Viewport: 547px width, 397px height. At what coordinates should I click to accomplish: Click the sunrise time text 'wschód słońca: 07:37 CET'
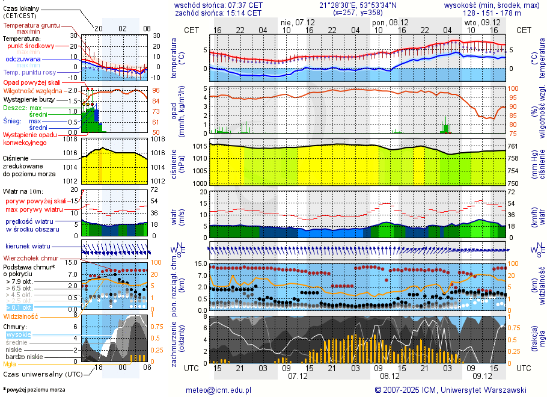(x=218, y=5)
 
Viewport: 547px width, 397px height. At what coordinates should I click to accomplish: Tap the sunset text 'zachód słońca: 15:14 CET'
(x=218, y=13)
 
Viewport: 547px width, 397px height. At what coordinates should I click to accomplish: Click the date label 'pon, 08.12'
(x=388, y=22)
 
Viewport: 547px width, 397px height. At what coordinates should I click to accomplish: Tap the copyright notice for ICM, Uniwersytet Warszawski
(x=450, y=390)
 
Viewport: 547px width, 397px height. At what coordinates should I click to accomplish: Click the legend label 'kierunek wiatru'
(x=28, y=247)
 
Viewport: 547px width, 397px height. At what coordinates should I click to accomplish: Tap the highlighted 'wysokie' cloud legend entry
(x=18, y=334)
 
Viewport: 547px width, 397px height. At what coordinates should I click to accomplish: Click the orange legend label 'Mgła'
(x=10, y=364)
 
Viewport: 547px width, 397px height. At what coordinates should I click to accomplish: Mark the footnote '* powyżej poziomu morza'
(x=34, y=390)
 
